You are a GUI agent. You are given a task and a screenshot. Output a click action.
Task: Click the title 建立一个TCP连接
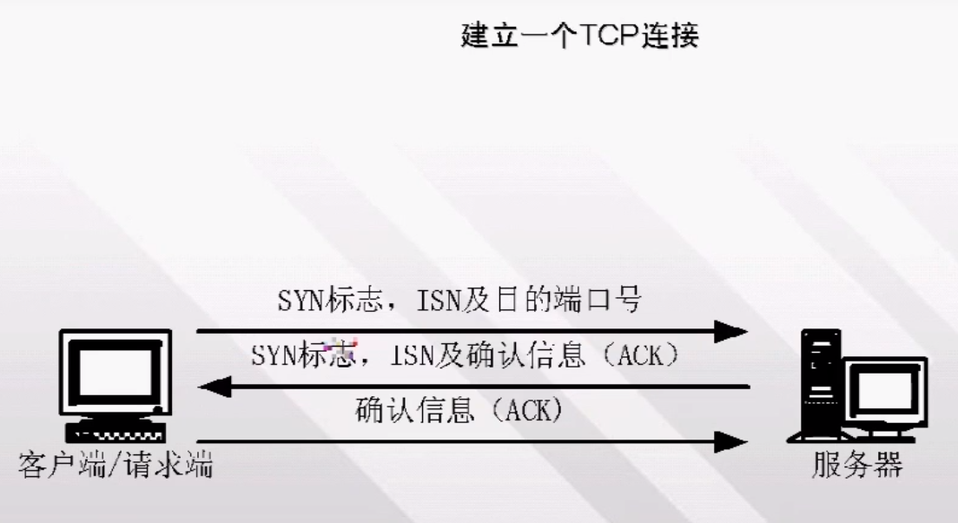coord(579,36)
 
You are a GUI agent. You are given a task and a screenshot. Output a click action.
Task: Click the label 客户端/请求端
coord(116,467)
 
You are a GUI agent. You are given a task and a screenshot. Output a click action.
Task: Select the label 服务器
coord(857,467)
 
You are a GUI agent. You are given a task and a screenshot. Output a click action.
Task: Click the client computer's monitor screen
coord(116,371)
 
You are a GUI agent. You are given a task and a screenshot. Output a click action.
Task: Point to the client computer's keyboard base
coord(116,432)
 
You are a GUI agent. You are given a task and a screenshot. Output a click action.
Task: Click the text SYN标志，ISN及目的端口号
coord(459,301)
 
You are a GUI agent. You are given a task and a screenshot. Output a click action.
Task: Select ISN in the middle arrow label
coord(414,355)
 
